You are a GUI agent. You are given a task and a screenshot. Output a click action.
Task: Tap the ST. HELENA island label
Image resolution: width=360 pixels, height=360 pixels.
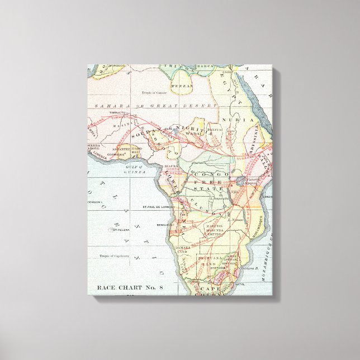pyautogui.click(x=121, y=230)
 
